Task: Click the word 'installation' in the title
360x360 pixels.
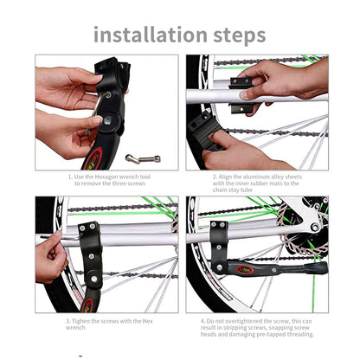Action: click(151, 34)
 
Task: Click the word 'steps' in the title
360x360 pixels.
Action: click(240, 35)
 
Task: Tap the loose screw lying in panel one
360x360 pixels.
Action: click(143, 158)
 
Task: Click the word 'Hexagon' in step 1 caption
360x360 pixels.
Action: click(106, 177)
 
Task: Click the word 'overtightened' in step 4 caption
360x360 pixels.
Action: click(243, 321)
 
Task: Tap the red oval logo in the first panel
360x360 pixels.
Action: click(93, 159)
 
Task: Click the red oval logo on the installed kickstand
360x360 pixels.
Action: click(246, 270)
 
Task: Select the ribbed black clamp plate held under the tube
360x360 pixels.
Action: click(204, 132)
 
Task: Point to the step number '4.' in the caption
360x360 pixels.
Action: click(203, 321)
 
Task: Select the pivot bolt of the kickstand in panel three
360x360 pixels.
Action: click(94, 279)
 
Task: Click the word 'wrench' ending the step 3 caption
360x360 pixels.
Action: click(75, 328)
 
